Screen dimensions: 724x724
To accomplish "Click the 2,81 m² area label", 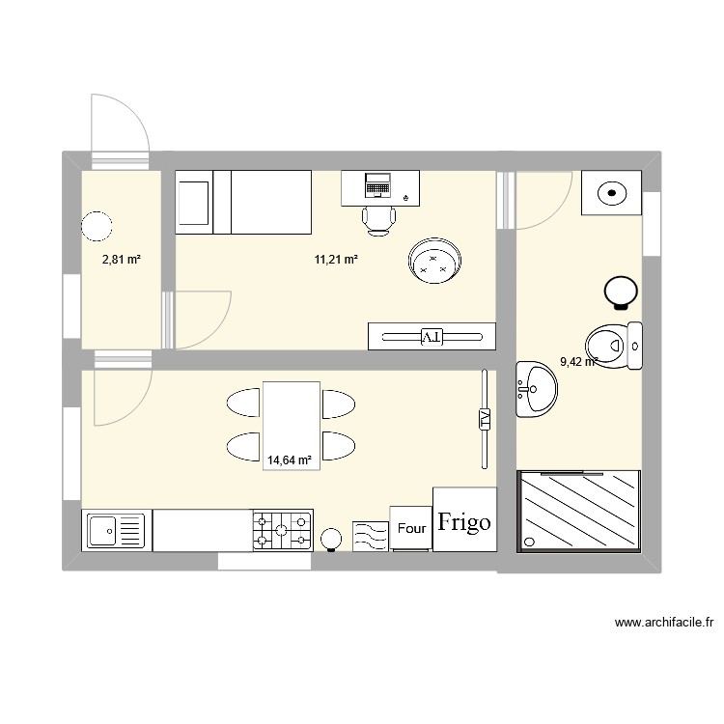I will pos(122,259).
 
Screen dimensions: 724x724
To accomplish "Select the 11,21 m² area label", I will pos(336,259).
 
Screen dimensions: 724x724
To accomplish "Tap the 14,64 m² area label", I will pos(291,461).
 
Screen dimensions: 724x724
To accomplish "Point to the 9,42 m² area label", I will pos(578,363).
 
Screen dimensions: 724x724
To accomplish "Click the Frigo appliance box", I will pos(464,520).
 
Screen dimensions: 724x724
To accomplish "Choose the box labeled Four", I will pos(411,529).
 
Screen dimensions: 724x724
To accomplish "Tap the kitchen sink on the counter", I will pos(115,530).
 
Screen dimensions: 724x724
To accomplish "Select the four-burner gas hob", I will pos(282,530).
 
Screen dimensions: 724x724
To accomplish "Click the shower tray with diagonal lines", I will pos(579,512).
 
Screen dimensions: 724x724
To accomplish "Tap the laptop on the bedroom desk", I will pos(377,181).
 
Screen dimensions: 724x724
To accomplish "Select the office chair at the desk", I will pos(379,219).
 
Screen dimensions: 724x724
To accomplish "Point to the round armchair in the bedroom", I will pos(434,261).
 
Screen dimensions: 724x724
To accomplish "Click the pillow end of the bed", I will pos(195,203).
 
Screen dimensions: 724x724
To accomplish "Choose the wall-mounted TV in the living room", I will pos(484,419).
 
